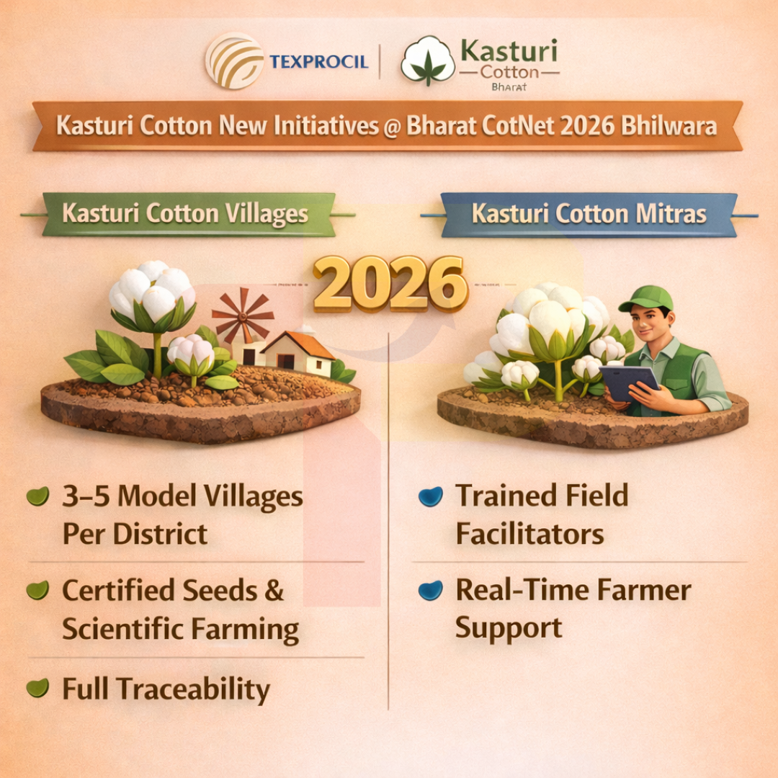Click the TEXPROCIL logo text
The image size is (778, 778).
[318, 62]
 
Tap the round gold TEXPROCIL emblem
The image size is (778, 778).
[234, 61]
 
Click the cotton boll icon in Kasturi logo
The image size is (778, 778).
[428, 61]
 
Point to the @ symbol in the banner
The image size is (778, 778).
[391, 127]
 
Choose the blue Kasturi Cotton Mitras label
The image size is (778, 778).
[589, 214]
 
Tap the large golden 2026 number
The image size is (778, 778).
[390, 284]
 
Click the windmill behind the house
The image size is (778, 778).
[242, 316]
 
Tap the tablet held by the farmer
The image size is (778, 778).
[628, 382]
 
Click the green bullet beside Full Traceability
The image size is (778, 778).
[37, 689]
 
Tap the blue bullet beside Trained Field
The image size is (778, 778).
[430, 496]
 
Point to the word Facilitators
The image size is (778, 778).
[529, 535]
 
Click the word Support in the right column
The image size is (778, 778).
[508, 629]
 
